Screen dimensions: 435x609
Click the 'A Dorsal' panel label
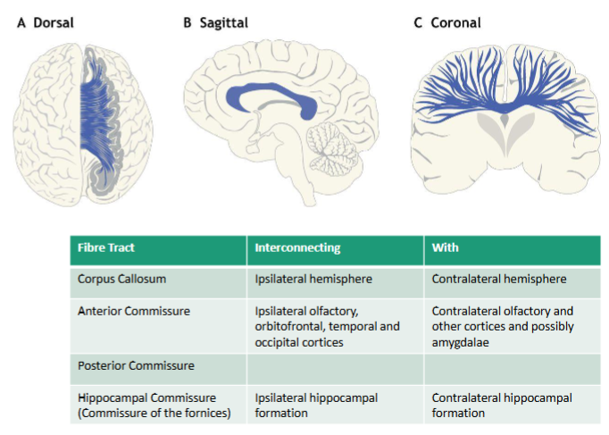[x=45, y=22]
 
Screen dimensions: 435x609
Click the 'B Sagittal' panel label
[x=217, y=22]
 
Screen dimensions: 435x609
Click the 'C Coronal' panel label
[x=446, y=22]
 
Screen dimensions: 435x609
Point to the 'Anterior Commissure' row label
[x=132, y=311]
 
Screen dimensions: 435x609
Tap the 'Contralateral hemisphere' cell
[x=498, y=279]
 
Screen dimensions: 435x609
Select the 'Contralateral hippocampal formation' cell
[x=501, y=405]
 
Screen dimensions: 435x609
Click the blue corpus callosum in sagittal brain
[x=268, y=89]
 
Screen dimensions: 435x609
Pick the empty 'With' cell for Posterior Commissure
[x=511, y=365]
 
